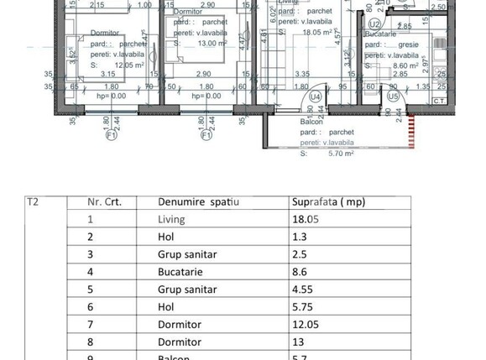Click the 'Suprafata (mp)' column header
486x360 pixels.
pyautogui.click(x=327, y=202)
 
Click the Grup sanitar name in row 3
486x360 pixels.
pyautogui.click(x=186, y=255)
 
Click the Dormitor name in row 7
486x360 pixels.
pyautogui.click(x=179, y=325)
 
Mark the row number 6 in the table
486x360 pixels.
pyautogui.click(x=91, y=307)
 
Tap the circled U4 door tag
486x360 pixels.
pyautogui.click(x=316, y=97)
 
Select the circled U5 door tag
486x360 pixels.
pyautogui.click(x=394, y=97)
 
